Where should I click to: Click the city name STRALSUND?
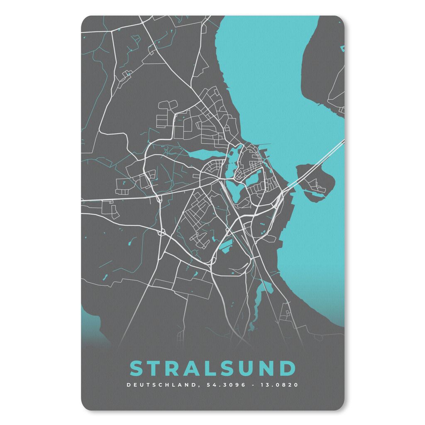coord(212,368)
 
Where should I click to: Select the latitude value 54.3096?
coord(219,385)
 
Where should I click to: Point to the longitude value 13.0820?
coord(279,385)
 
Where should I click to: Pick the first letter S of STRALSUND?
coord(137,368)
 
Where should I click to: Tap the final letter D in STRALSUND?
coord(287,368)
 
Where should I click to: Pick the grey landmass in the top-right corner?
coord(324,62)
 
